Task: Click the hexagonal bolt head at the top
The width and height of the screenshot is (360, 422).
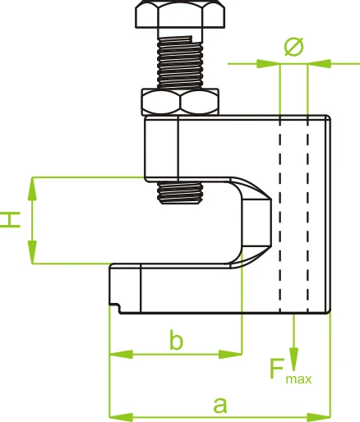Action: point(180,14)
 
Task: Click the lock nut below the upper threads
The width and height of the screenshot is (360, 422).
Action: point(180,102)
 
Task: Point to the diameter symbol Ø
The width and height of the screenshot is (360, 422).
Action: point(294,47)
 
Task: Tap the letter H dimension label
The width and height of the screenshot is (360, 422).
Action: point(10,219)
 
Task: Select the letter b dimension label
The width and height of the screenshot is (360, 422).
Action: point(176,340)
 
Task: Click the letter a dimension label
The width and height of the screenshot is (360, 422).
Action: point(220,405)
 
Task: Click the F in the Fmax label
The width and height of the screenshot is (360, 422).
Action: point(277,369)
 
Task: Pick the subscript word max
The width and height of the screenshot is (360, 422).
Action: point(298,379)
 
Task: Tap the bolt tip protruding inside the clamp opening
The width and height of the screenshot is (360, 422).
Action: point(180,193)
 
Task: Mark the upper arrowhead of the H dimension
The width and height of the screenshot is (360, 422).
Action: point(32,190)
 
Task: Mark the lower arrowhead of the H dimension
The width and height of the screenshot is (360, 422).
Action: point(32,252)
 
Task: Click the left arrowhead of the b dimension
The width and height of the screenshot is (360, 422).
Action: point(121,354)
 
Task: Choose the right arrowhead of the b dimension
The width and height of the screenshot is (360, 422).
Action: point(230,354)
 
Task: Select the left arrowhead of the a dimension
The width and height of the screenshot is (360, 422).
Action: point(121,418)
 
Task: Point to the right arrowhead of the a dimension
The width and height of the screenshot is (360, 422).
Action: point(319,418)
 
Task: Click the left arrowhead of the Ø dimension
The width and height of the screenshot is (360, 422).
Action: point(268,64)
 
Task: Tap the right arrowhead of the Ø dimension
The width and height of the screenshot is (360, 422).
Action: point(320,64)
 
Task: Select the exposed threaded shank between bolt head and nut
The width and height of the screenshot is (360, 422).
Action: point(180,62)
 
